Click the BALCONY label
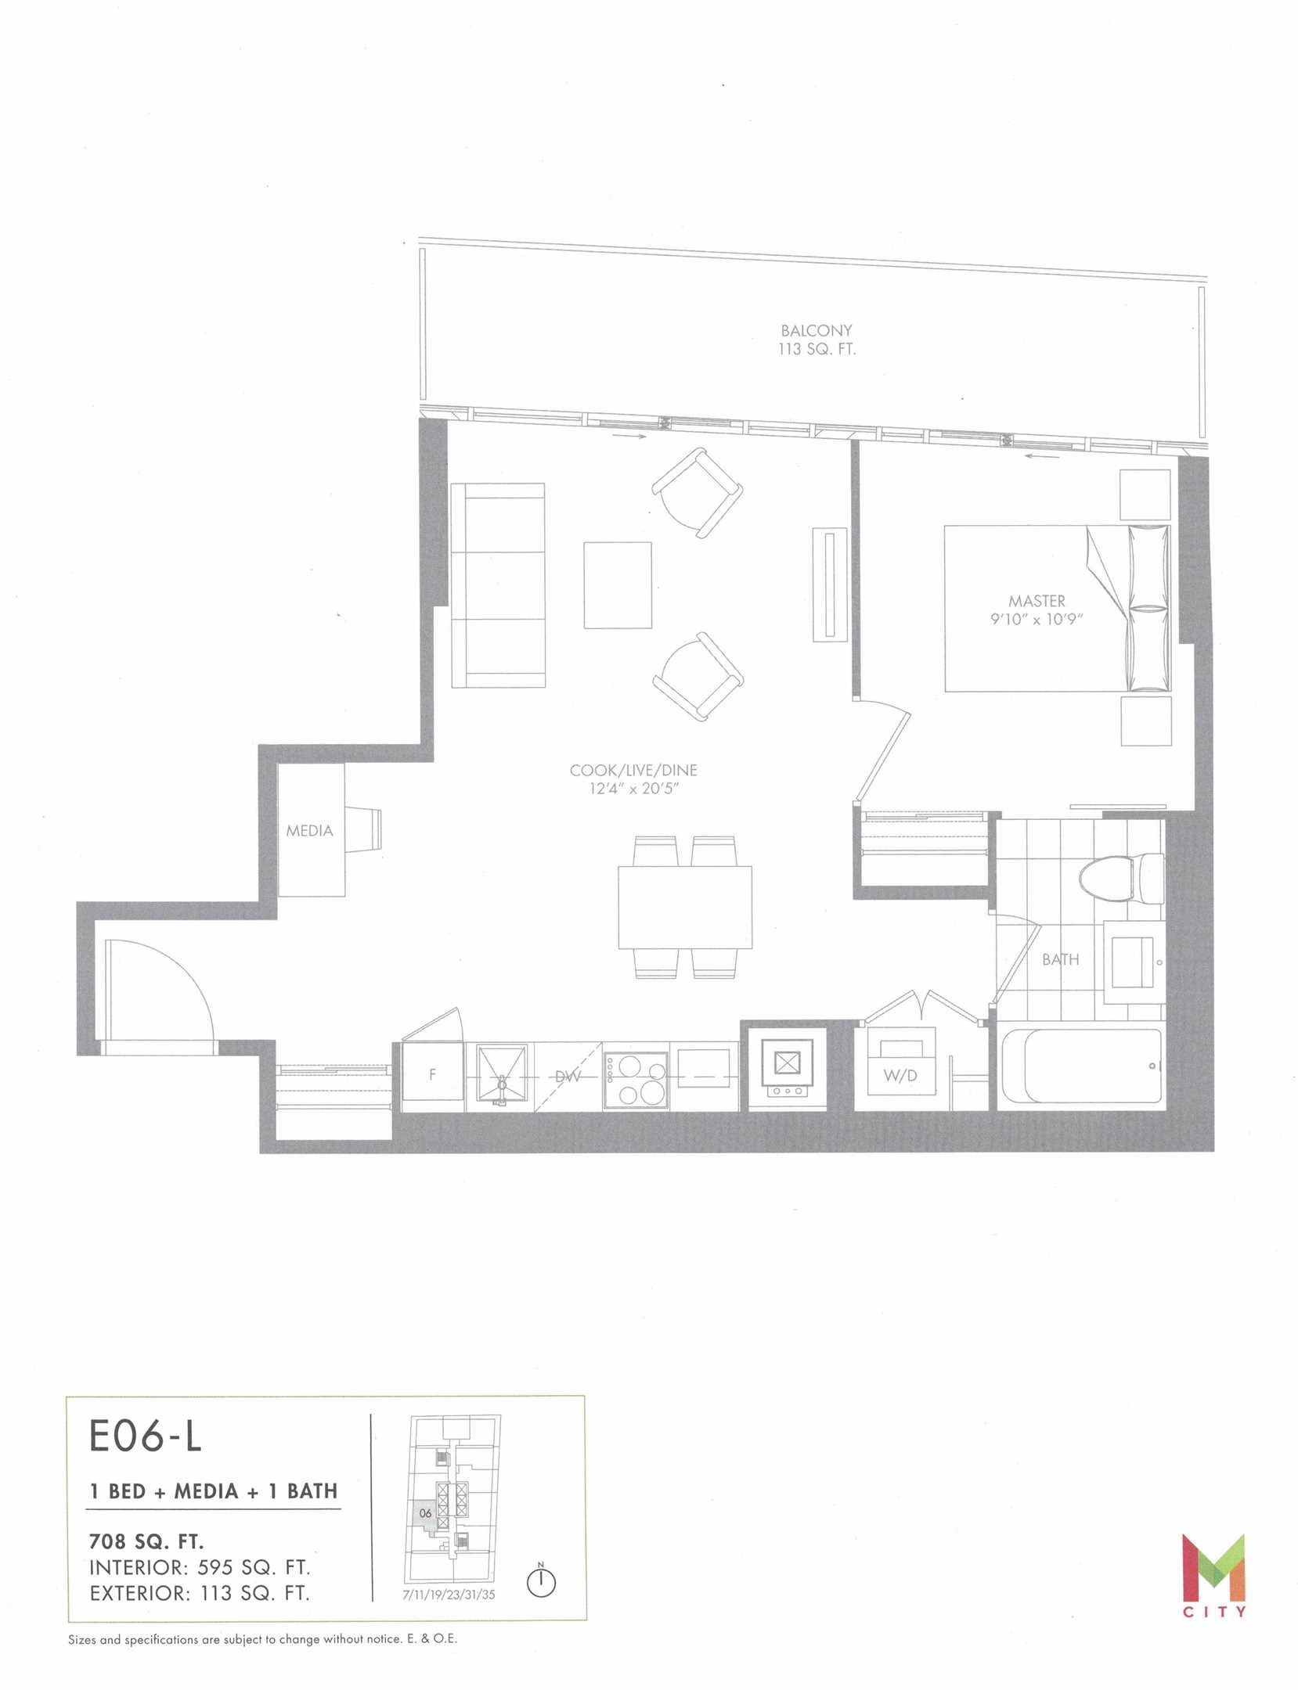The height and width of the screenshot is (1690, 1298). [817, 331]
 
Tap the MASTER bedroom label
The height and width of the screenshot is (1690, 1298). [1037, 601]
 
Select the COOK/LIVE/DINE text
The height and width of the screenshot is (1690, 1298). [633, 770]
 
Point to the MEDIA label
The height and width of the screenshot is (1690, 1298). [309, 831]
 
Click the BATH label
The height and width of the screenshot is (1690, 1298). [1060, 959]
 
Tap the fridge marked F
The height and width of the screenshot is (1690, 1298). [432, 1076]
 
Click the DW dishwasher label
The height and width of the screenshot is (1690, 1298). [568, 1077]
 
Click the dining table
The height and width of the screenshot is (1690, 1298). [685, 907]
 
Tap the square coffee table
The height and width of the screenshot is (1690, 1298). [618, 585]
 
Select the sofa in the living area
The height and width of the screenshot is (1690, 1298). [497, 585]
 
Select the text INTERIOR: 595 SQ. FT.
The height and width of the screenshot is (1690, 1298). [200, 1568]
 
